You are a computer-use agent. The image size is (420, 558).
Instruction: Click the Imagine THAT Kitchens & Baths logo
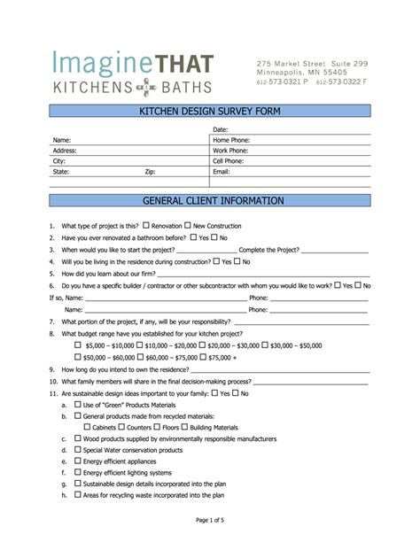(x=133, y=74)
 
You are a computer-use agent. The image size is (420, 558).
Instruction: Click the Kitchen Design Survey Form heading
(x=209, y=112)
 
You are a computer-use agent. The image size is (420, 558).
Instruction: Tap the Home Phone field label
(x=231, y=140)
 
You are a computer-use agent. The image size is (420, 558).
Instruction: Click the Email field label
(x=222, y=172)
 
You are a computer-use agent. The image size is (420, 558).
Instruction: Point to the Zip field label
(x=150, y=172)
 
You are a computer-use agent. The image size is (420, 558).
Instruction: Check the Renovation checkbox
(x=146, y=225)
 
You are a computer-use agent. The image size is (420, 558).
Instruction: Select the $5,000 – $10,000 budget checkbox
(x=78, y=344)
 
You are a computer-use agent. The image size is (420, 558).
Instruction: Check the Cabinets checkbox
(x=87, y=426)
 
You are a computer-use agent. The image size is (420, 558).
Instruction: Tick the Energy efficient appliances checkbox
(x=77, y=461)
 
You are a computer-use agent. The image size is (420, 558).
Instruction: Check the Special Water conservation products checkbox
(x=77, y=449)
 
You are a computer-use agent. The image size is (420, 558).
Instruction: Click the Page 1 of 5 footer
(x=209, y=520)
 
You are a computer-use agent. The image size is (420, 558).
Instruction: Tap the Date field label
(x=221, y=129)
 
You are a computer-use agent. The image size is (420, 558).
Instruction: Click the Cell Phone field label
(x=229, y=161)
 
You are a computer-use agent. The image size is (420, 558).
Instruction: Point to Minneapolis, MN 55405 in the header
(x=300, y=73)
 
